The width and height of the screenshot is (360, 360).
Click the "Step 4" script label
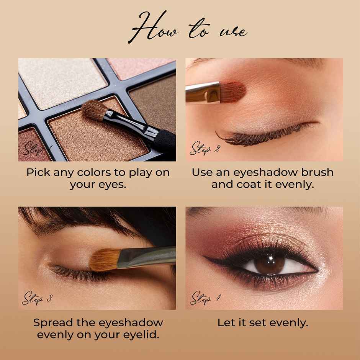tap(205, 297)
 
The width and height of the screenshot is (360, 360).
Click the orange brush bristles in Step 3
tap(103, 260)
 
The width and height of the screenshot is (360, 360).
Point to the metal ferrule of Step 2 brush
tap(203, 93)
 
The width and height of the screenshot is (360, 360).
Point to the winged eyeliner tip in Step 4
tap(207, 259)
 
